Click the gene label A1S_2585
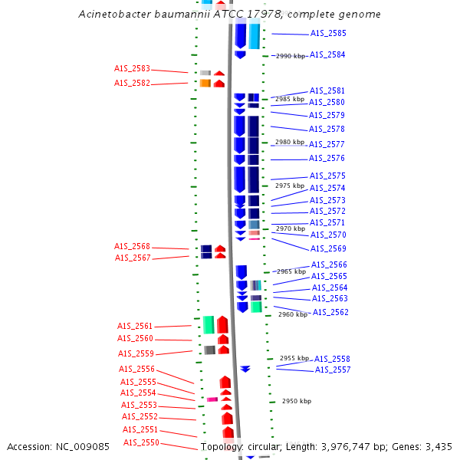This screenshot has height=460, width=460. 327,34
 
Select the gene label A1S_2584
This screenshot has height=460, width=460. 327,55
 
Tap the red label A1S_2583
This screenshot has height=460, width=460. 132,69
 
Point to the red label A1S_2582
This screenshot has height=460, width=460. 132,84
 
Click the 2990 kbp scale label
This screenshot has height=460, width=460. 290,56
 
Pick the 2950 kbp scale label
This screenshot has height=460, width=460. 297,401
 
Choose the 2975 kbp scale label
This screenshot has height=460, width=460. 290,186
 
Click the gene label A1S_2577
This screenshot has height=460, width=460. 327,144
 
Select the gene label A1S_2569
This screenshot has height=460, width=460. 328,248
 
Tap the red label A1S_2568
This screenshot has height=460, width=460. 133,247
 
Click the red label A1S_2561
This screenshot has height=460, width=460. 135,326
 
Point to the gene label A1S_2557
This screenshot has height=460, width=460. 333,370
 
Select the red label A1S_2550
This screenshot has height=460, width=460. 140,442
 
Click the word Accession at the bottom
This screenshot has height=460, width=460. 31,447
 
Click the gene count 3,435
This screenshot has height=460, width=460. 438,447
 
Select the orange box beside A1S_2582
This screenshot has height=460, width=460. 205,83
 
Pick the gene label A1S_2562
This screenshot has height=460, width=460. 330,312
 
